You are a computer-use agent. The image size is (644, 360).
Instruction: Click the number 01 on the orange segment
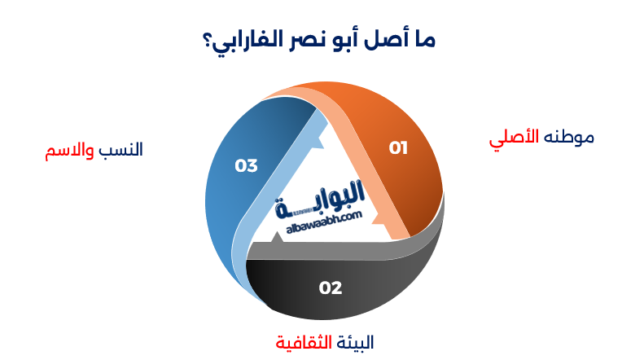click(398, 148)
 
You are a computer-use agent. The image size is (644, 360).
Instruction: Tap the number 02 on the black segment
click(330, 288)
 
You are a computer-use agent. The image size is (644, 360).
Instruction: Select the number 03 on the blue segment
click(246, 165)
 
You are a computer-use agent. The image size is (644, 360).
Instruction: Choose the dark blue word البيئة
click(355, 340)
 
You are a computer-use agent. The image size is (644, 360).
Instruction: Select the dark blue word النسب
click(121, 151)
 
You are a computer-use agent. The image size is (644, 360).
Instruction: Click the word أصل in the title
click(383, 39)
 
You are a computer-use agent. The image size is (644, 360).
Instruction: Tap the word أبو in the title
click(347, 39)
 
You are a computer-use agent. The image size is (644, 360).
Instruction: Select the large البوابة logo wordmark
click(323, 202)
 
